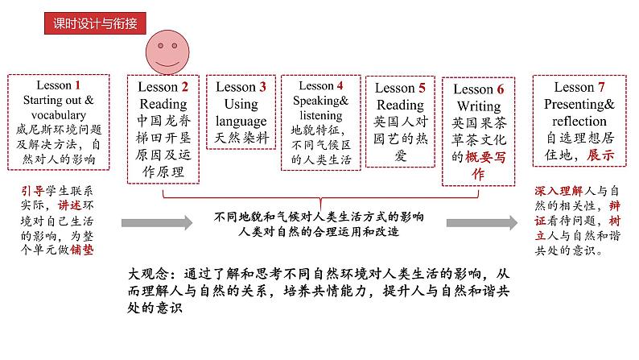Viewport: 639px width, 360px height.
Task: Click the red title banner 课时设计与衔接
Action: (95, 23)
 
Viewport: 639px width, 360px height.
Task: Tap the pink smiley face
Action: (167, 52)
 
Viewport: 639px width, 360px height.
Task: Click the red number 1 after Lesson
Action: (77, 85)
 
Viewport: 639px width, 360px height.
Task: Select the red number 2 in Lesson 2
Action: (184, 87)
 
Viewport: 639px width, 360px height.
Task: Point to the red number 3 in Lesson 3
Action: (262, 87)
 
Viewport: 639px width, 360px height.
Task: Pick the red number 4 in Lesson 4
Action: (340, 85)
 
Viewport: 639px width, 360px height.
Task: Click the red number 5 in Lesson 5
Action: (422, 88)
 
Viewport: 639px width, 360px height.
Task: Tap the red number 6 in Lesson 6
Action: (500, 89)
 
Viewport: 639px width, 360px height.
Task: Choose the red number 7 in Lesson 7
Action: (601, 87)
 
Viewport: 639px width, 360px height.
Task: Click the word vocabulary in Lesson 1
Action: (59, 115)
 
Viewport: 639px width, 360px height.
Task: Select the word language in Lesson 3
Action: (241, 122)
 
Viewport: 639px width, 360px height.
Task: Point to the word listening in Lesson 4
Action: (321, 116)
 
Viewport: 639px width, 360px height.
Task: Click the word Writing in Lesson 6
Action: (479, 106)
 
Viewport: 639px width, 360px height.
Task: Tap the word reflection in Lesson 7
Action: (579, 121)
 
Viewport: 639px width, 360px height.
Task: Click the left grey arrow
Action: (157, 222)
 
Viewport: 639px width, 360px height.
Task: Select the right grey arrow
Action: (482, 222)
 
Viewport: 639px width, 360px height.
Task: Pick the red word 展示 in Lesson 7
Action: (600, 155)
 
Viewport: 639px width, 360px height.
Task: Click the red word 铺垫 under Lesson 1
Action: (82, 249)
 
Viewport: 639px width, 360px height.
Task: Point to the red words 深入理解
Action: (559, 191)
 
